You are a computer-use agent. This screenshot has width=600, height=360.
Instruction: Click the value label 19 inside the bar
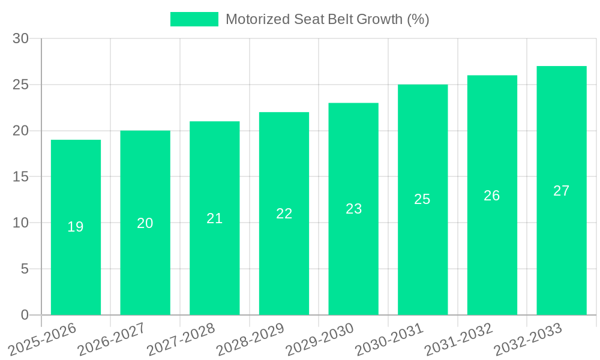(x=76, y=227)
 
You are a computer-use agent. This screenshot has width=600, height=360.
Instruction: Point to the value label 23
(x=353, y=209)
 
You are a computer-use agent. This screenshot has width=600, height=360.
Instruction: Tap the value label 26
(x=492, y=196)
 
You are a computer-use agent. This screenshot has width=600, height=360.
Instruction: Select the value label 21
(x=214, y=218)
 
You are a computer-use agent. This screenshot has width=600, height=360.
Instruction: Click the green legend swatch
(x=194, y=19)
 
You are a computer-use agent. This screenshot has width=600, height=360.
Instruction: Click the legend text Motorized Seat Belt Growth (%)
(x=327, y=19)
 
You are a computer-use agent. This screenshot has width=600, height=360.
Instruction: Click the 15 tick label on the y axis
(x=21, y=177)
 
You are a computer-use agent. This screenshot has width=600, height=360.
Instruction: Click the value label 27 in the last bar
(x=561, y=191)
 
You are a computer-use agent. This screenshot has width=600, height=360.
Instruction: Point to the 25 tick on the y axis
(x=21, y=85)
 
